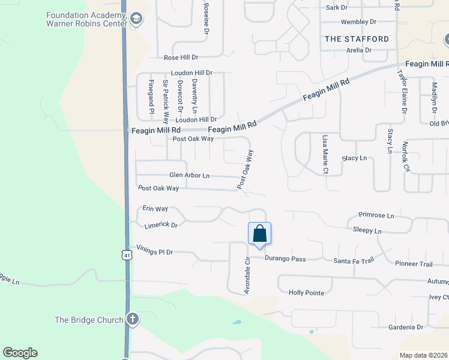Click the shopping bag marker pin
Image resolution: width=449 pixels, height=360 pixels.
pyautogui.click(x=259, y=234)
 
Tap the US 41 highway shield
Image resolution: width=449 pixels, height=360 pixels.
pyautogui.click(x=125, y=255)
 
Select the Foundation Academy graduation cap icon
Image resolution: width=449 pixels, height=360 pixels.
pyautogui.click(x=136, y=19)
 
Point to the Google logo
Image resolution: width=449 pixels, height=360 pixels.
pyautogui.click(x=20, y=353)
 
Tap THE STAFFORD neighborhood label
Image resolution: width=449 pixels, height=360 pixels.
pyautogui.click(x=357, y=39)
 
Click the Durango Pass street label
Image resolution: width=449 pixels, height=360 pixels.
pyautogui.click(x=286, y=259)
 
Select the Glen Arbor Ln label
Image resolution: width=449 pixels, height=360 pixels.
pyautogui.click(x=189, y=176)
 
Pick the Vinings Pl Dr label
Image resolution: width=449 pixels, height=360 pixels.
pyautogui.click(x=154, y=252)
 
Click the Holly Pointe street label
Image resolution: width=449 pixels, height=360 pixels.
pyautogui.click(x=306, y=293)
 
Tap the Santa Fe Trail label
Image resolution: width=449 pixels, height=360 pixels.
pyautogui.click(x=354, y=260)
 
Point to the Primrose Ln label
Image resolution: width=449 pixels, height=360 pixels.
pyautogui.click(x=376, y=215)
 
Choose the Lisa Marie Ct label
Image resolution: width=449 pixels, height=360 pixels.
pyautogui.click(x=325, y=154)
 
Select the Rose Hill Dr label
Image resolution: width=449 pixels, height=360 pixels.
pyautogui.click(x=181, y=58)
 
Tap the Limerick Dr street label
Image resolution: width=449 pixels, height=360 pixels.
pyautogui.click(x=161, y=226)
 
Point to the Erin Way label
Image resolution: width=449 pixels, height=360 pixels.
pyautogui.click(x=155, y=209)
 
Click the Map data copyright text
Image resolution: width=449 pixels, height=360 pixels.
pyautogui.click(x=424, y=355)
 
